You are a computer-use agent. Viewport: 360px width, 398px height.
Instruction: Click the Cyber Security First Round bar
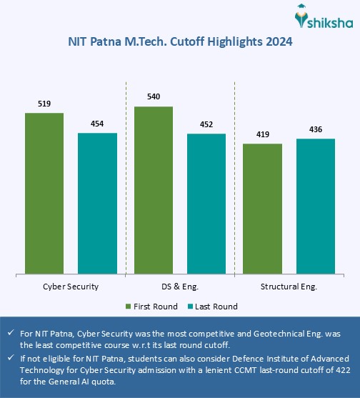pyautogui.click(x=44, y=193)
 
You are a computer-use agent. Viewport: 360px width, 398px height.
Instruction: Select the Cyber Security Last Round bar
pyautogui.click(x=97, y=203)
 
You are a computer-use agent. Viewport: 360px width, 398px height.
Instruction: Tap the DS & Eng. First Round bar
pyautogui.click(x=153, y=189)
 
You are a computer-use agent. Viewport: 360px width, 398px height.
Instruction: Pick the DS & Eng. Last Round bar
pyautogui.click(x=206, y=203)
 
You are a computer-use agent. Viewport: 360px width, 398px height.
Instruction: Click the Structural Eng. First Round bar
pyautogui.click(x=262, y=208)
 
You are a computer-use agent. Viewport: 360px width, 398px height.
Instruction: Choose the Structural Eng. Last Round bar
pyautogui.click(x=315, y=206)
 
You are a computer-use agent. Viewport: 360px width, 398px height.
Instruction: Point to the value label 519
pyautogui.click(x=44, y=104)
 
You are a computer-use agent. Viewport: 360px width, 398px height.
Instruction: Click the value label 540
pyautogui.click(x=153, y=97)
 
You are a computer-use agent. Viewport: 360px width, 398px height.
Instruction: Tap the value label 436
pyautogui.click(x=315, y=129)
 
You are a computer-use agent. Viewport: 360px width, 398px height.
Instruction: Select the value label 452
pyautogui.click(x=206, y=124)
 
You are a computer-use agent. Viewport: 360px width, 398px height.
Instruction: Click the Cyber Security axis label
pyautogui.click(x=71, y=286)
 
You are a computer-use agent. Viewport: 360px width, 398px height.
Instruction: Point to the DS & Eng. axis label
pyautogui.click(x=180, y=286)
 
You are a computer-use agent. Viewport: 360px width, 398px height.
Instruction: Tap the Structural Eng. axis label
pyautogui.click(x=289, y=286)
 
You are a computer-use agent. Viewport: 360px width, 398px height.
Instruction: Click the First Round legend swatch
pyautogui.click(x=129, y=307)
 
